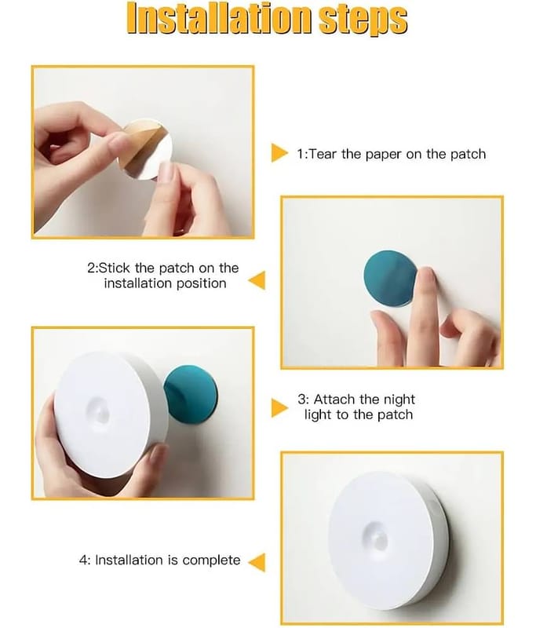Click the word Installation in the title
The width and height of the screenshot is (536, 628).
[219, 19]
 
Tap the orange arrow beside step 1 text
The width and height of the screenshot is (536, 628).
[279, 152]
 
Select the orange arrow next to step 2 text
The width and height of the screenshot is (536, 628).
[257, 280]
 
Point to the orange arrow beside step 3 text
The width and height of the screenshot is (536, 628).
[279, 408]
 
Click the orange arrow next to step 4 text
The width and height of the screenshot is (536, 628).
[257, 562]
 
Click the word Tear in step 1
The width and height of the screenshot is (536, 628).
[323, 154]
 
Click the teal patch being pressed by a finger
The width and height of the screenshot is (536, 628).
[389, 279]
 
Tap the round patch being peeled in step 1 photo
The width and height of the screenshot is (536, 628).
[147, 149]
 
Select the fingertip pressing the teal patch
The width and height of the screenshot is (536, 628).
[425, 277]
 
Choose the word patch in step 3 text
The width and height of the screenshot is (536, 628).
[395, 415]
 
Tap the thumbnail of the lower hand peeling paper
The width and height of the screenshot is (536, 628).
[166, 171]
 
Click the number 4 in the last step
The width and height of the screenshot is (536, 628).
[83, 560]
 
